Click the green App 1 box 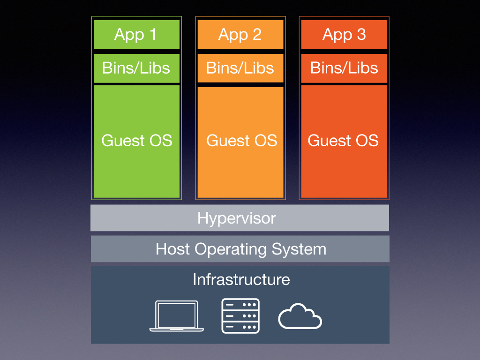point(136,35)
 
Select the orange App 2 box point(240,35)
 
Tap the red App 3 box point(344,35)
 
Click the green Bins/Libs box point(136,68)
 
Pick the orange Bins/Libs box point(240,68)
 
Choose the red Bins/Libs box point(344,68)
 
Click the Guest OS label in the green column point(137,141)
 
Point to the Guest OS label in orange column point(241,141)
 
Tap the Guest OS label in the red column point(343,141)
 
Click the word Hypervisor point(237,218)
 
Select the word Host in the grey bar point(172,248)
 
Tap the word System point(299,249)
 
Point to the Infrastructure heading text point(241,279)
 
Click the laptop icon point(177,316)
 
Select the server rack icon point(240,316)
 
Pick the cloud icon point(300,316)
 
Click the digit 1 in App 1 point(153,34)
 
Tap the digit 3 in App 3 point(361,34)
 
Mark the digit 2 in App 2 point(257,34)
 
